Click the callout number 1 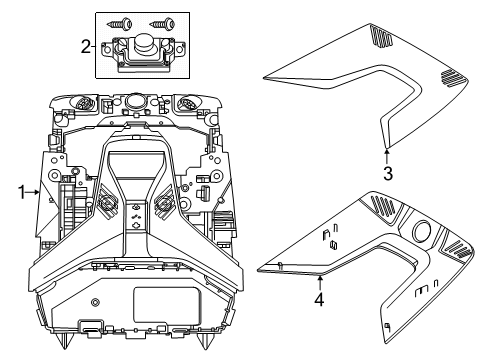(22, 192)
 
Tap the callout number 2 (86, 47)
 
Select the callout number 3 (388, 174)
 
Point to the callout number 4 (319, 299)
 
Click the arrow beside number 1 (33, 192)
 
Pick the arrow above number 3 (387, 157)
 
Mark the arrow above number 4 (320, 283)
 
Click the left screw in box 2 (120, 24)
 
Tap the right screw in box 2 (162, 24)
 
